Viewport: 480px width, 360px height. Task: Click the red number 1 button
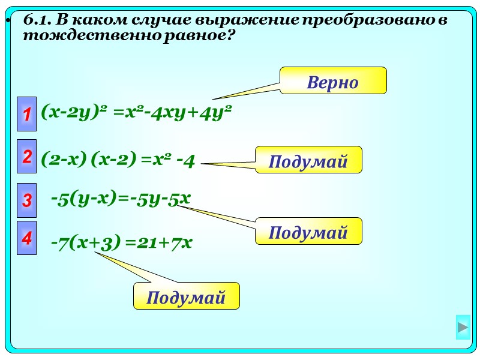(x=26, y=112)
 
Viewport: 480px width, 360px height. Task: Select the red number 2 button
(x=26, y=157)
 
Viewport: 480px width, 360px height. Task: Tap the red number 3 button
(x=26, y=200)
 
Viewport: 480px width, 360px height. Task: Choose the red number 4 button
(x=26, y=238)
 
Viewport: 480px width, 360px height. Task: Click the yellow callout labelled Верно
(x=333, y=81)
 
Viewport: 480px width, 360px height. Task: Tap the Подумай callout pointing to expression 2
(x=308, y=160)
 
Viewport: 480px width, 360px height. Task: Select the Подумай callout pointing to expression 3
(x=308, y=232)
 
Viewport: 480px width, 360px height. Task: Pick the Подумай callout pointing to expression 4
(x=186, y=296)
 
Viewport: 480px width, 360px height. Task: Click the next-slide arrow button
(x=463, y=328)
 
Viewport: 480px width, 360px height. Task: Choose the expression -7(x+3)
(x=85, y=242)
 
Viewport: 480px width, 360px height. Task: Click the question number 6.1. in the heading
(x=38, y=20)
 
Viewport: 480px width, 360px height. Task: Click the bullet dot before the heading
(x=8, y=22)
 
